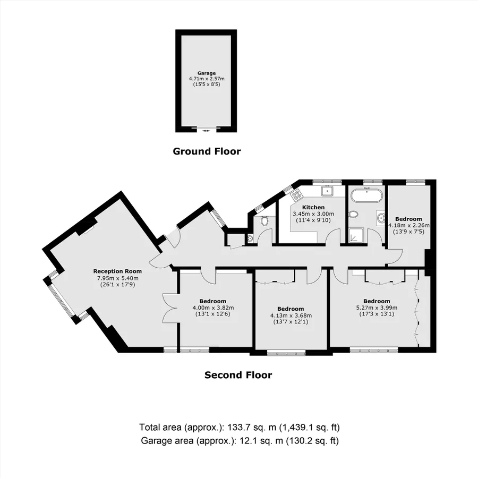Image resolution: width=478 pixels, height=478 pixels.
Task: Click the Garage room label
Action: click(x=206, y=73)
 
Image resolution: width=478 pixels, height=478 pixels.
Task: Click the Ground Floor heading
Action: click(x=207, y=151)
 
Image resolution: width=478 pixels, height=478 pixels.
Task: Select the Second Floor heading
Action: click(x=238, y=375)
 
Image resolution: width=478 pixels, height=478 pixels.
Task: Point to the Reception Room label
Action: click(x=117, y=271)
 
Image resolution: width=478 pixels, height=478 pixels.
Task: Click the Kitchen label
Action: click(x=313, y=207)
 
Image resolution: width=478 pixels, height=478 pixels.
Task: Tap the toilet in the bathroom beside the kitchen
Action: click(x=353, y=215)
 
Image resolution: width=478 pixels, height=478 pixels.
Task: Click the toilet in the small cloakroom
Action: click(x=264, y=220)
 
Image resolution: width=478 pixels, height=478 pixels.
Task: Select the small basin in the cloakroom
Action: click(x=250, y=240)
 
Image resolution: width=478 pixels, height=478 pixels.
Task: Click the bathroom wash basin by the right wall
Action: click(x=381, y=217)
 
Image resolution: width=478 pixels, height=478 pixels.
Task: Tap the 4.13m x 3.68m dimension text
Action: click(x=291, y=315)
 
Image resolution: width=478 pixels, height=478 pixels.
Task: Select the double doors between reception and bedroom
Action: click(x=169, y=308)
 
